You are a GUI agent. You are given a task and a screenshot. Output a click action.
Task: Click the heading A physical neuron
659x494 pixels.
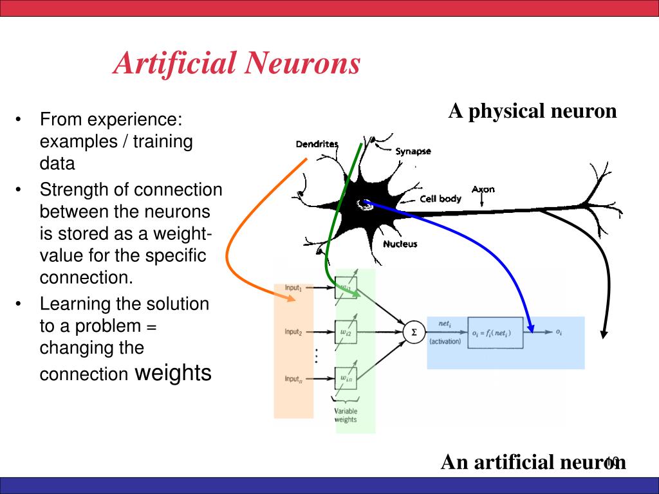point(532,111)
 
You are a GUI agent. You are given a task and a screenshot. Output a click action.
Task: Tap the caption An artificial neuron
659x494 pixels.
point(533,462)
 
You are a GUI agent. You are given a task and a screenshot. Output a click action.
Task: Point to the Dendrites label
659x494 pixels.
point(317,144)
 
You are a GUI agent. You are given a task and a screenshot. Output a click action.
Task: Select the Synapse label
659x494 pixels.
point(413,152)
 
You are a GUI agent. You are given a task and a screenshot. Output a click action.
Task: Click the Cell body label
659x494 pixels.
point(440,199)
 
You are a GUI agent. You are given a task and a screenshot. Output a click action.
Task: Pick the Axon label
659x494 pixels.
point(483,189)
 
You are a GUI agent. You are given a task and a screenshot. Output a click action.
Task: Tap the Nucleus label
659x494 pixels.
point(400,244)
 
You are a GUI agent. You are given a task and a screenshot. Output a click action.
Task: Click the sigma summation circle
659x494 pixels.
point(414,332)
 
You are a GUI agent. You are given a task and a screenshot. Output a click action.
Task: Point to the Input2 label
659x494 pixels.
point(293,332)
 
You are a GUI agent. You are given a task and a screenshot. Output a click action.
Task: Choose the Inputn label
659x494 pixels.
point(293,379)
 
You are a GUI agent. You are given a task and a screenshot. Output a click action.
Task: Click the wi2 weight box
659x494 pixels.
point(346,332)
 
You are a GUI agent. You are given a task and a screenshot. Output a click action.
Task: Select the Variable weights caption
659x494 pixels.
point(346,416)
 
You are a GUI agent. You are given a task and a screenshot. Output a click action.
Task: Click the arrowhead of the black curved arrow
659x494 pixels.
point(604,334)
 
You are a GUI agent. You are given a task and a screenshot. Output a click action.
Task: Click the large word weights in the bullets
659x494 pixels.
point(173,372)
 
